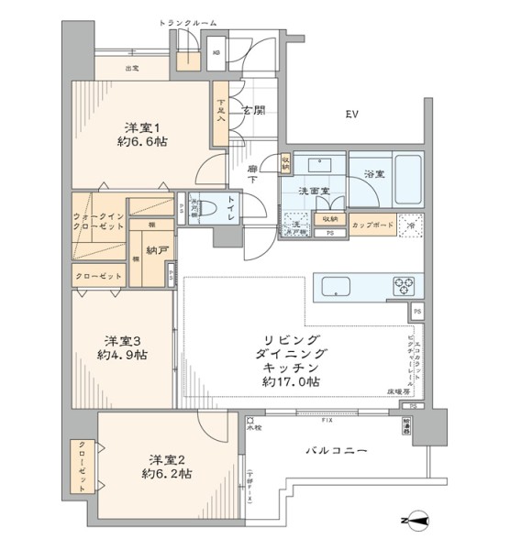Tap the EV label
pos(351,115)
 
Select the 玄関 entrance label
pos(254,111)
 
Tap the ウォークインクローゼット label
pos(98,222)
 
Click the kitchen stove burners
pos(405,283)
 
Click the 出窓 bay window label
pos(131,68)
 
